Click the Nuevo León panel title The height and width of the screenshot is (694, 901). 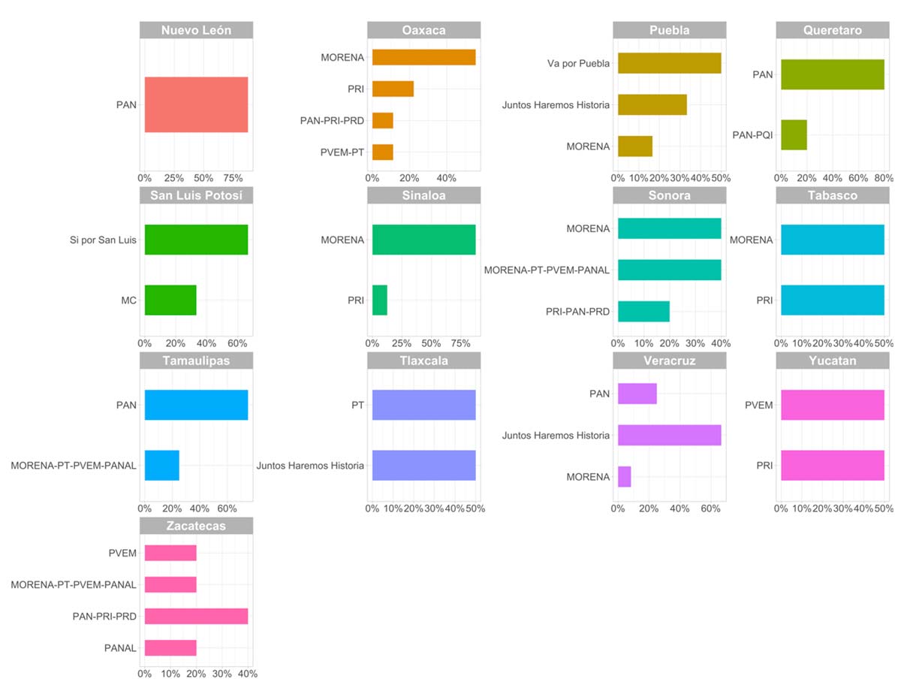click(196, 31)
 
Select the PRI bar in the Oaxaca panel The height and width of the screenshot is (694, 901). click(393, 89)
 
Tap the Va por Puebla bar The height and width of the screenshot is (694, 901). click(669, 63)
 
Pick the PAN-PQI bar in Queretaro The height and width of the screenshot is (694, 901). click(794, 135)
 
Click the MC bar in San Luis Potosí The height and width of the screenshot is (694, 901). click(170, 300)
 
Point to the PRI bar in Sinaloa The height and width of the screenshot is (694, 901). click(380, 300)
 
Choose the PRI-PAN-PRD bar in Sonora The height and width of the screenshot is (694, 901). click(643, 311)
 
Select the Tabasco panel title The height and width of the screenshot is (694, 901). click(833, 195)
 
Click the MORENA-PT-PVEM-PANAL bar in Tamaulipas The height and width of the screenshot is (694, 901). click(162, 466)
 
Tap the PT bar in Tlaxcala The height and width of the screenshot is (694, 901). click(423, 405)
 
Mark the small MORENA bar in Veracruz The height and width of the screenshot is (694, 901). click(625, 477)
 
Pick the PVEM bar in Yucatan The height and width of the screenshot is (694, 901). click(833, 405)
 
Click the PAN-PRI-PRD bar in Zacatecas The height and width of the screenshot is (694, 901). click(196, 616)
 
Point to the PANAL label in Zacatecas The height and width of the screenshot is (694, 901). click(121, 648)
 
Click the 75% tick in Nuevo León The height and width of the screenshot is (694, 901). click(234, 178)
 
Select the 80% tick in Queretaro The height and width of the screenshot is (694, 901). click(883, 178)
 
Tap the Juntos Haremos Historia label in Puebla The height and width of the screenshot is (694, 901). click(556, 104)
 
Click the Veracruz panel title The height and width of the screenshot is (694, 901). click(670, 361)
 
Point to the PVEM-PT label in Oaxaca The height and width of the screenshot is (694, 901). click(342, 152)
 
